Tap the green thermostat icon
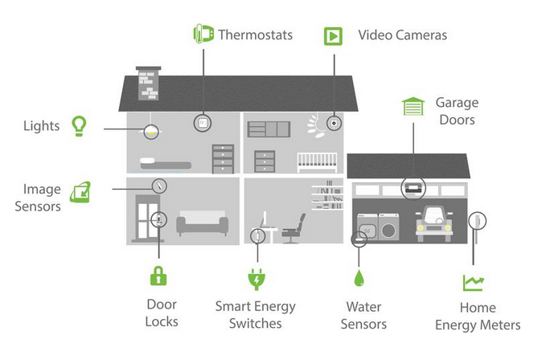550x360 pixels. point(203,35)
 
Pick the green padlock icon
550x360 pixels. point(159,276)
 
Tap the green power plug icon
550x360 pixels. point(256,279)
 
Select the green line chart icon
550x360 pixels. point(473,282)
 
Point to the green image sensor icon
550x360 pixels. point(80,192)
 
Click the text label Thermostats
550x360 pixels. point(254,35)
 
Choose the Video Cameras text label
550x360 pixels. point(402,35)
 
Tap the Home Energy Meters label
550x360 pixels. point(478,317)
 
